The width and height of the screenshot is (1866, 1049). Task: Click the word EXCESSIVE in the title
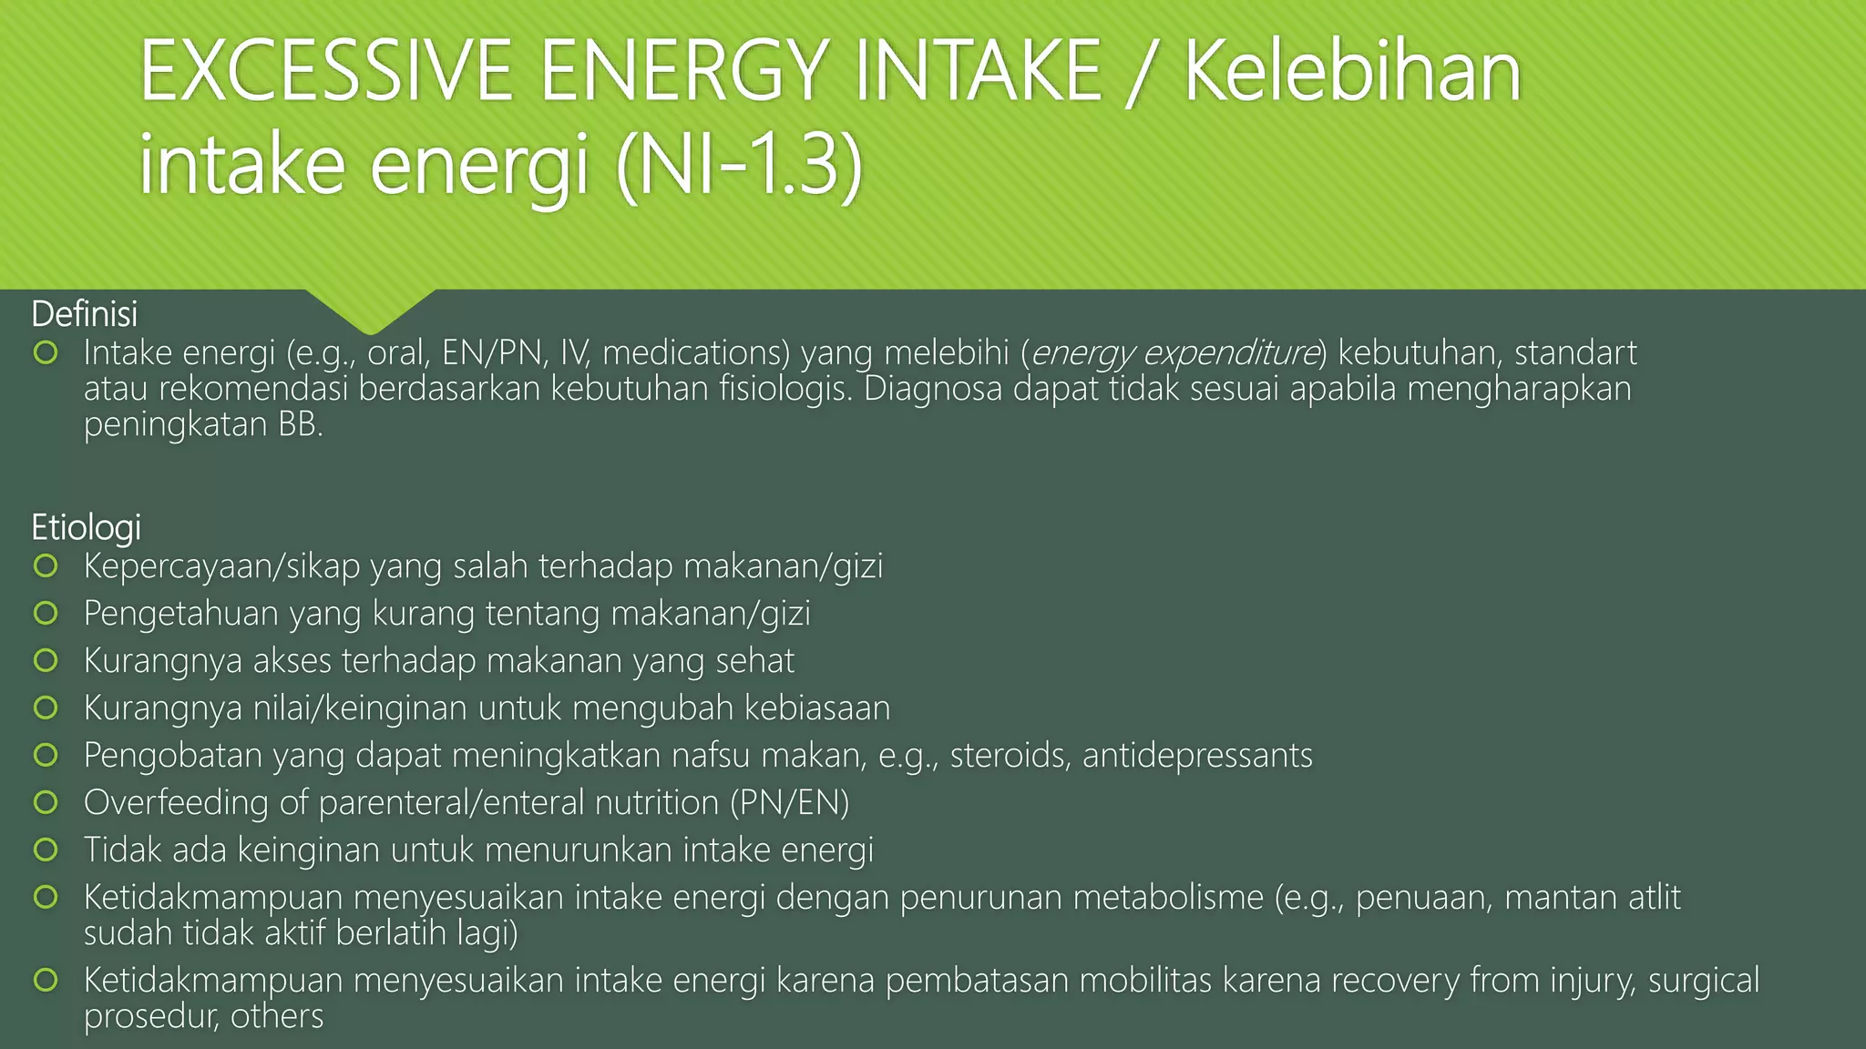coord(325,73)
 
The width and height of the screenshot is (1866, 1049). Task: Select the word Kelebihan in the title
coord(1352,73)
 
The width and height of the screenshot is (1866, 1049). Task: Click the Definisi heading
coord(84,314)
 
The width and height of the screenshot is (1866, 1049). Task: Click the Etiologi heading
coord(86,527)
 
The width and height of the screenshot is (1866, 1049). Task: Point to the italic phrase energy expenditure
coord(1175,352)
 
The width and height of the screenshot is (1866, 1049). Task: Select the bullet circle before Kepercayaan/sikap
coord(46,566)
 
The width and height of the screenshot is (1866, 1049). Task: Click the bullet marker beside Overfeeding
coord(46,802)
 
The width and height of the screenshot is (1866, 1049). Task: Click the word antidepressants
coord(1197,756)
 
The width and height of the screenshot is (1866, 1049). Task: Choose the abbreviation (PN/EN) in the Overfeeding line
coord(789,803)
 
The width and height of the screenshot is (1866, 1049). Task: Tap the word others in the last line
coord(276,1016)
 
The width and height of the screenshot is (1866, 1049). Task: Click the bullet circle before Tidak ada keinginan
coord(46,850)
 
